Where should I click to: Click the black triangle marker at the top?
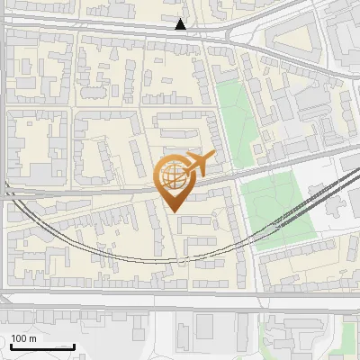tap(181, 24)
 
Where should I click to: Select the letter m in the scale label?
tap(33, 338)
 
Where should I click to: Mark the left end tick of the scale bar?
tap(11, 346)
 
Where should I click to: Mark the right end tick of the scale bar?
tap(74, 346)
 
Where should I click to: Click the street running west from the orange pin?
tap(90, 191)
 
